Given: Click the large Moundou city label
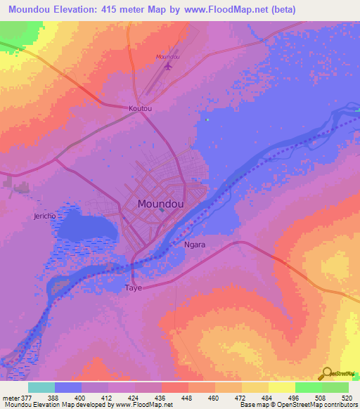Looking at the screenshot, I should [161, 204].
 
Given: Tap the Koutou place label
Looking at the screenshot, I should [140, 109].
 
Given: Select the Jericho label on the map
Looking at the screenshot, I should [44, 216].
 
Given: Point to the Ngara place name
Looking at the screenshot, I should [194, 245].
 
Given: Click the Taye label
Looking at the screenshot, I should [133, 288].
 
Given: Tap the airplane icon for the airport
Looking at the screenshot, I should [167, 67].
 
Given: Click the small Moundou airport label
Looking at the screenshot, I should [167, 56].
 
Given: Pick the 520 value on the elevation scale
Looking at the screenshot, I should [348, 397].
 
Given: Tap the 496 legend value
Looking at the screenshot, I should [295, 397].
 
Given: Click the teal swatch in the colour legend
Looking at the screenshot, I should [41, 387].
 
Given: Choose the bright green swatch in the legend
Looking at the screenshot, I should [308, 387].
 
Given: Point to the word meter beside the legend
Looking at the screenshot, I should [10, 397].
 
